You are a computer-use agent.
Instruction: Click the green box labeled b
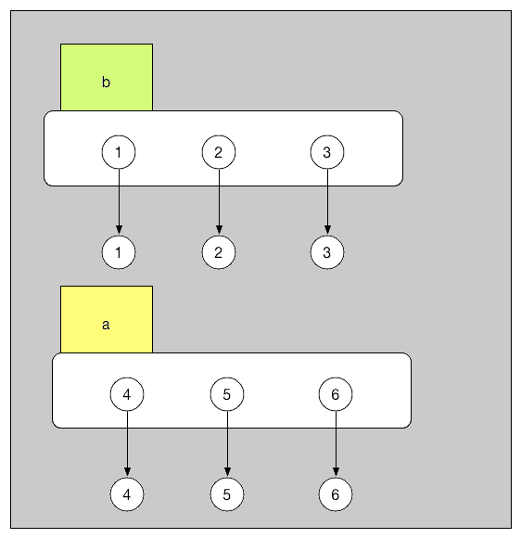pos(106,78)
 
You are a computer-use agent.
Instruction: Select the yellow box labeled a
pos(106,320)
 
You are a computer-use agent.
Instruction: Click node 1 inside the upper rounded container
pos(119,152)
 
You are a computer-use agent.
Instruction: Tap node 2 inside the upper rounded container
pos(219,152)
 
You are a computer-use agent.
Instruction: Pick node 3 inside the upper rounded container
pos(327,152)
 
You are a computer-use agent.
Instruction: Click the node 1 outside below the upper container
pos(119,251)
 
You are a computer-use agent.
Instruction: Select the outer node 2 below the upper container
pos(219,251)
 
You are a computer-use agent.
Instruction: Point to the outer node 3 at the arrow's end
pos(327,251)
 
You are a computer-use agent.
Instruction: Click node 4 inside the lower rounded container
pos(127,394)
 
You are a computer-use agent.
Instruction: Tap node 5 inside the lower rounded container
pos(227,394)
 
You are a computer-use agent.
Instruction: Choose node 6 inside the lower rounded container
pos(336,394)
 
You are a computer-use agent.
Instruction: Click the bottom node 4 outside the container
pos(127,494)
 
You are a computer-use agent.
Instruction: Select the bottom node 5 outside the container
pos(227,494)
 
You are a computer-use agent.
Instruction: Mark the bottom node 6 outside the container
pos(336,494)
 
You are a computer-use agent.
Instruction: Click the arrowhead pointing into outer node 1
pos(119,229)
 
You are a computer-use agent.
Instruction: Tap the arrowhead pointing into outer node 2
pos(219,229)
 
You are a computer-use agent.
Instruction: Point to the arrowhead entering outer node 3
pos(327,229)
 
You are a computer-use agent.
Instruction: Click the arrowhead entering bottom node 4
pos(127,472)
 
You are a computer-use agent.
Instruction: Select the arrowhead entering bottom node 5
pos(227,472)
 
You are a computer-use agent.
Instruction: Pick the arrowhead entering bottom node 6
pos(336,472)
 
